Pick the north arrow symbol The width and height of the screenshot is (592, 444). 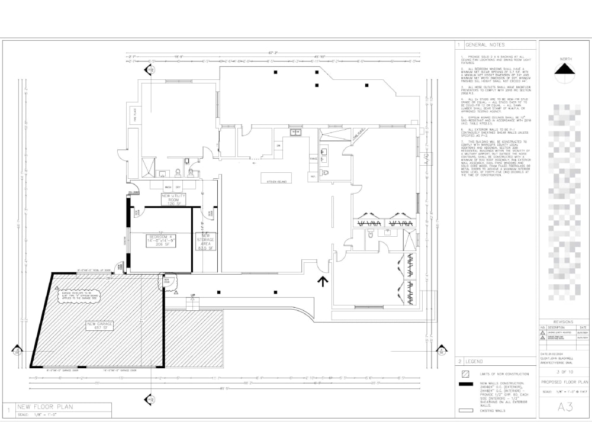pyautogui.click(x=564, y=71)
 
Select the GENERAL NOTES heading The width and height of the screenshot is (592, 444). pyautogui.click(x=485, y=45)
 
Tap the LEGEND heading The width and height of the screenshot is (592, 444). pyautogui.click(x=474, y=361)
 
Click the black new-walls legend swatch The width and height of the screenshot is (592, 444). pyautogui.click(x=465, y=384)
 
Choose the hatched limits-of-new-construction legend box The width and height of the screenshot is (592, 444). pyautogui.click(x=465, y=374)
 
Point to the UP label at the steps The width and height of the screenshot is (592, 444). pyautogui.click(x=192, y=295)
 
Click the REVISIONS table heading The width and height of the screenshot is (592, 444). pyautogui.click(x=563, y=322)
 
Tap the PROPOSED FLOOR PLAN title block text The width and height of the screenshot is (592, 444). pyautogui.click(x=564, y=382)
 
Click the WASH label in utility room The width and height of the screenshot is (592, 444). pyautogui.click(x=168, y=187)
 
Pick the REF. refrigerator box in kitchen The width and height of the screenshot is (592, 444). pyautogui.click(x=312, y=176)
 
